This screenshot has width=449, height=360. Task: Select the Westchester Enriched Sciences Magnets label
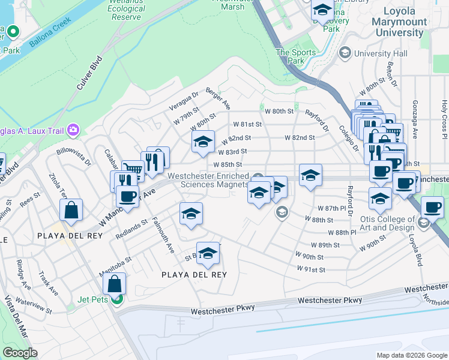click(208, 180)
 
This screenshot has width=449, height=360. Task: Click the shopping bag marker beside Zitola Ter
click(71, 210)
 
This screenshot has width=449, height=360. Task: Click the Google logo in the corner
click(20, 353)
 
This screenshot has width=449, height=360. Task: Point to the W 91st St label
click(311, 269)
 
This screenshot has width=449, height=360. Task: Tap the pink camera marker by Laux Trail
click(74, 129)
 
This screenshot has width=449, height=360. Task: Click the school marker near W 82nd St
click(203, 142)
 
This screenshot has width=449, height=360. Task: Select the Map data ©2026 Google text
click(411, 355)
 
